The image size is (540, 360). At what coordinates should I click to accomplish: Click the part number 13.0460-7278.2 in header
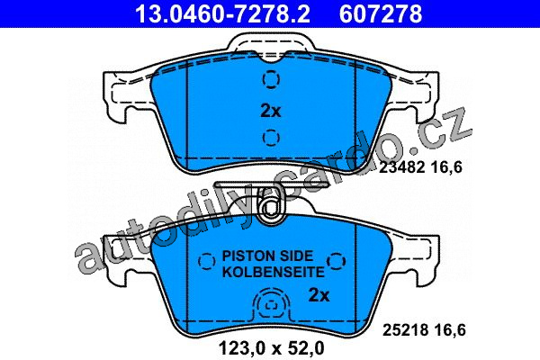(222, 13)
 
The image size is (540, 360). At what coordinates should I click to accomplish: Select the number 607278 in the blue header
(381, 13)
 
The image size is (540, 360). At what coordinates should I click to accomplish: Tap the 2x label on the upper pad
(271, 111)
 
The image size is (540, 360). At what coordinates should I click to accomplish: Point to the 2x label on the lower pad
(319, 295)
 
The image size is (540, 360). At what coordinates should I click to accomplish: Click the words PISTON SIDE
(267, 256)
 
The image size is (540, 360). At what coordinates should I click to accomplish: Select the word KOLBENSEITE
(274, 272)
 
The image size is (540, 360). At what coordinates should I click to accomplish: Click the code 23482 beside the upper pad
(401, 167)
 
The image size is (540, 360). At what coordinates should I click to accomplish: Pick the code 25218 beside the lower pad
(405, 330)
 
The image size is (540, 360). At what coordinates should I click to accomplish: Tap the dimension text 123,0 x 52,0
(272, 348)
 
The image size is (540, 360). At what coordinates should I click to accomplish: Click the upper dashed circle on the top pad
(271, 79)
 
